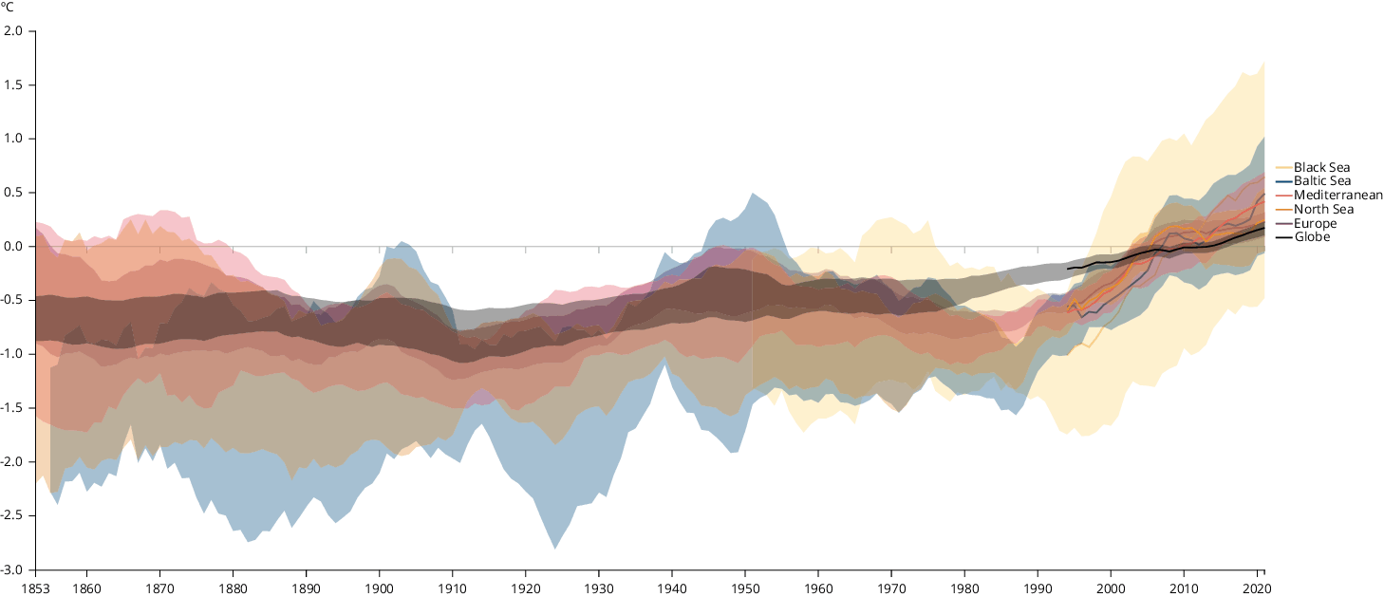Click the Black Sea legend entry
coord(1321,167)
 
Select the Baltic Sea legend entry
coord(1322,181)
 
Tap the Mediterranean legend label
coord(1337,196)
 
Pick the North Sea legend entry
coord(1323,210)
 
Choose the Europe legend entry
coord(1315,224)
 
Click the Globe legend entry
coord(1312,237)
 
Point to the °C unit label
coord(8,7)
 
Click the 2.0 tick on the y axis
coord(14,31)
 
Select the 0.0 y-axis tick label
coord(14,247)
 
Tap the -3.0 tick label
coord(12,570)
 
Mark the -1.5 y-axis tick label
coord(12,409)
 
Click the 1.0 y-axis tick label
coord(14,140)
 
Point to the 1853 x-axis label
coord(35,588)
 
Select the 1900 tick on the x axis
coord(380,588)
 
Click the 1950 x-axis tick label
coord(745,588)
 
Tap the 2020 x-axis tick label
coord(1257,588)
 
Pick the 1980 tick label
coord(964,588)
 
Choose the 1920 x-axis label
coord(526,588)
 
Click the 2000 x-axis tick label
coord(1111,588)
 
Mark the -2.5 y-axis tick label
coord(12,516)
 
